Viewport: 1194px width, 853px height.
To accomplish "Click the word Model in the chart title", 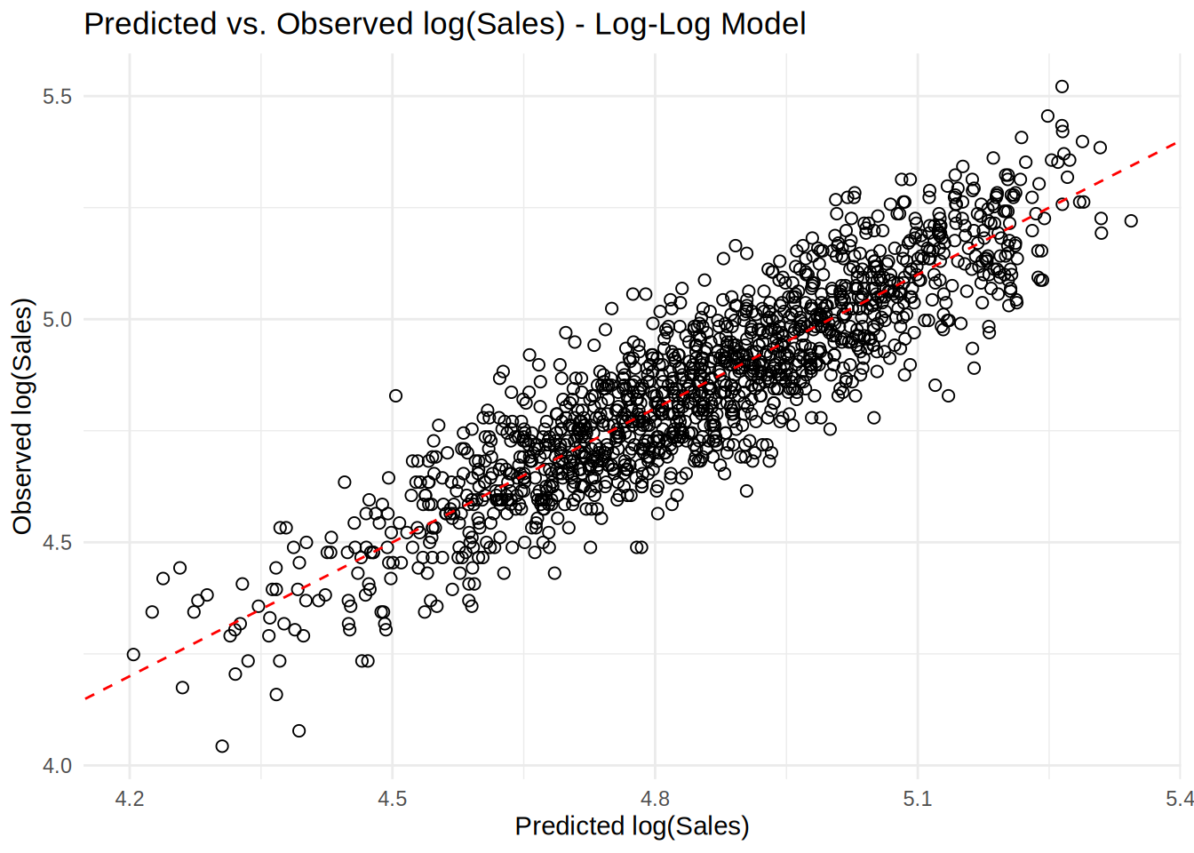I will (x=764, y=24).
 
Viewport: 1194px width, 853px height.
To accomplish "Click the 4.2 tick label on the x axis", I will (x=130, y=799).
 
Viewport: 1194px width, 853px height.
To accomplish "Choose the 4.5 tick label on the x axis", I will (x=392, y=799).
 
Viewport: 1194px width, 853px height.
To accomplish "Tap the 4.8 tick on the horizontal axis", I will (x=655, y=799).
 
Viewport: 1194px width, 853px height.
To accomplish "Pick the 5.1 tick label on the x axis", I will (x=917, y=799).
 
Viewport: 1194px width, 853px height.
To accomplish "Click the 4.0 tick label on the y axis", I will (x=57, y=766).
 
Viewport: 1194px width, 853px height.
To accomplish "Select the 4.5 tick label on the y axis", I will (x=57, y=543).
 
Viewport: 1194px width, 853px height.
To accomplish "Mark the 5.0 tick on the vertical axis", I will (x=57, y=320).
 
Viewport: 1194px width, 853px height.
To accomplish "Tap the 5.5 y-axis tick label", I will (x=57, y=97).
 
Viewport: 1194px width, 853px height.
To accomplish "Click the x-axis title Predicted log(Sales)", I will (x=632, y=826).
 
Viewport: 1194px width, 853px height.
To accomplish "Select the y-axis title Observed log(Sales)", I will (x=22, y=416).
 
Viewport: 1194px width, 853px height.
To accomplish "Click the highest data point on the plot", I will (x=1062, y=86).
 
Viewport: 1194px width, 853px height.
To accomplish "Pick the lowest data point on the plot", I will (x=222, y=746).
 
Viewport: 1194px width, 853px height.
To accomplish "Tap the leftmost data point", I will (x=133, y=655).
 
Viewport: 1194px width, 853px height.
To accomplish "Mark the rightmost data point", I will (x=1131, y=220).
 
